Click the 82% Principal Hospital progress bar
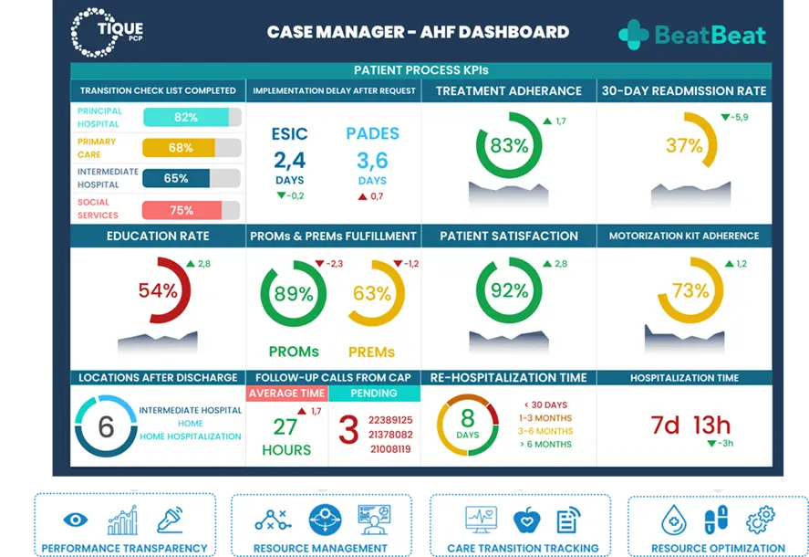tap(192, 117)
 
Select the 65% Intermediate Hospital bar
tap(192, 178)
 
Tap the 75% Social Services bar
tap(192, 210)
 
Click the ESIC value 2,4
tap(289, 161)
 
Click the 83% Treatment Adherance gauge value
tap(509, 146)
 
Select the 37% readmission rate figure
tap(684, 146)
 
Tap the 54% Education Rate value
tap(158, 290)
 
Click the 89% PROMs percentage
tap(294, 294)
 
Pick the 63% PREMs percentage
tap(372, 294)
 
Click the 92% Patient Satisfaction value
tap(509, 291)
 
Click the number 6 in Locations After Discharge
tap(106, 426)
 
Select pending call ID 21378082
tap(390, 435)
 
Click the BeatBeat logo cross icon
tap(634, 35)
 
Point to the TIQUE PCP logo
tap(107, 32)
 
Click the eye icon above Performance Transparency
tap(75, 520)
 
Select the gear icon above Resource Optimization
tap(760, 520)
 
